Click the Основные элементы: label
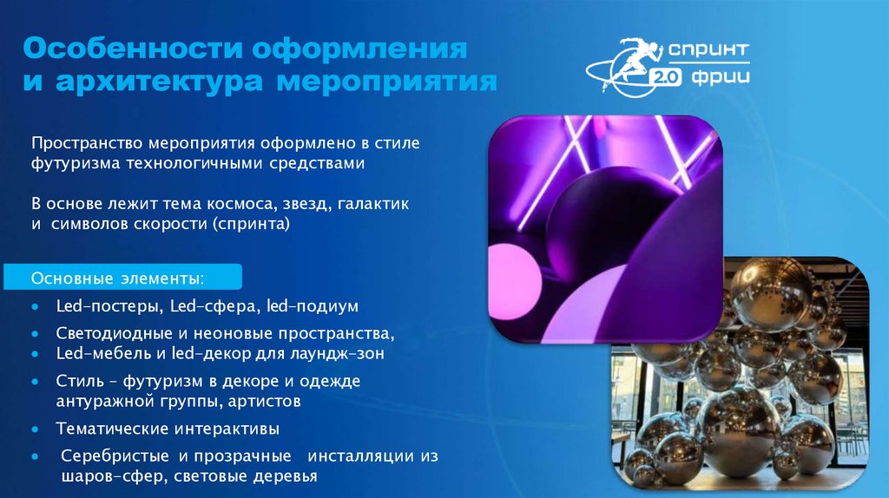[119, 279]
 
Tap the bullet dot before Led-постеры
[34, 307]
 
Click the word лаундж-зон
[341, 354]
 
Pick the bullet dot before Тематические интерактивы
[34, 429]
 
